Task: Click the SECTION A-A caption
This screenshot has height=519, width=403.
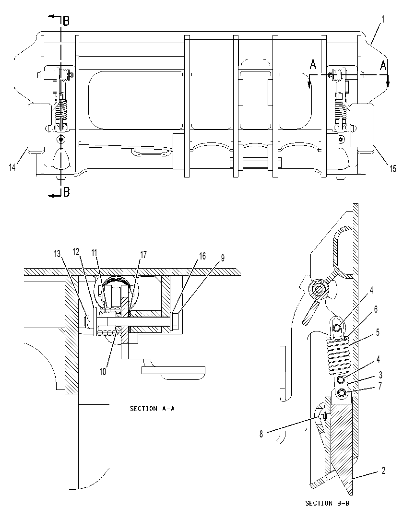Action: [153, 409]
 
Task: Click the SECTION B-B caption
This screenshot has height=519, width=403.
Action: [327, 504]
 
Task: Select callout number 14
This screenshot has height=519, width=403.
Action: [12, 167]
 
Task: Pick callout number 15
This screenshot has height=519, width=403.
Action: [393, 169]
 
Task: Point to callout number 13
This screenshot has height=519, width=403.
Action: [57, 254]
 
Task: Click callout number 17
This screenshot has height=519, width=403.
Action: [143, 255]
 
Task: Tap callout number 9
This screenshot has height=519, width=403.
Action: [223, 258]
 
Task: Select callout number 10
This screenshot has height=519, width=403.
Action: [103, 372]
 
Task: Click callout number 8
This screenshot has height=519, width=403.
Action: [261, 434]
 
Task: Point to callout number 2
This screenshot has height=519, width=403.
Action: [383, 471]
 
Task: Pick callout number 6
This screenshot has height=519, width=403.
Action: [376, 309]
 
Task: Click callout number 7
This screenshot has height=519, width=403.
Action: [380, 386]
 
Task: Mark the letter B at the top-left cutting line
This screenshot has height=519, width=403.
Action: [66, 22]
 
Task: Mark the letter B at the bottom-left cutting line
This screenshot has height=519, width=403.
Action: [66, 192]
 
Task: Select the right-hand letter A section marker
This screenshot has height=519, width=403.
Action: [383, 65]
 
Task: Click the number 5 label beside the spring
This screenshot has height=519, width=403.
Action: [378, 332]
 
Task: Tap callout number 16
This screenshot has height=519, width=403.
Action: [202, 256]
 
